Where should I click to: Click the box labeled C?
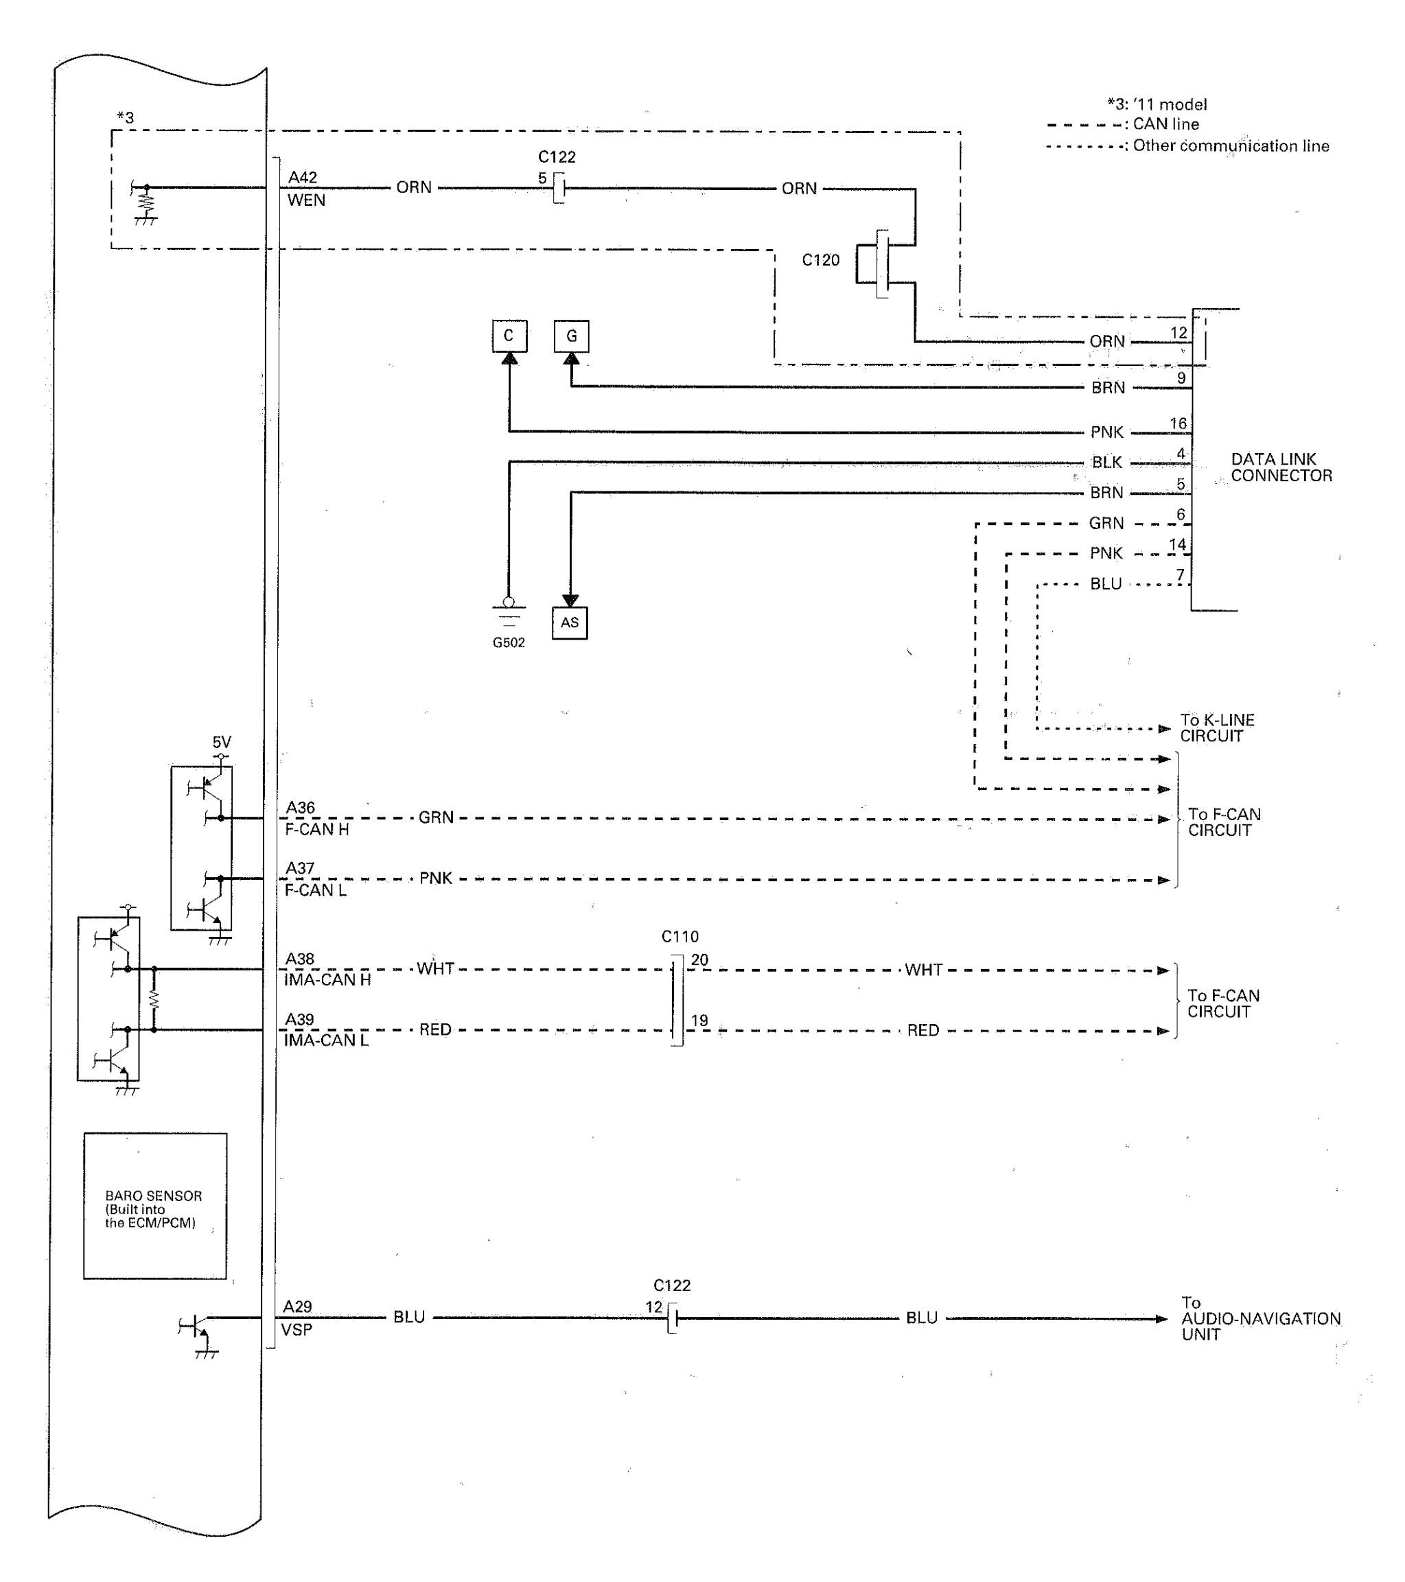pos(509,336)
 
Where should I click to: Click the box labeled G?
pos(571,336)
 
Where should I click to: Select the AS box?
pos(570,623)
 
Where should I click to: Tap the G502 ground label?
pos(509,642)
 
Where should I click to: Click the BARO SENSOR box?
pos(155,1206)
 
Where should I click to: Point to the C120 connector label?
pos(820,260)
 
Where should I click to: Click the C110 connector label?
pos(680,937)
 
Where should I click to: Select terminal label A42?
pos(303,177)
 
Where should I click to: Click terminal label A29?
pos(297,1307)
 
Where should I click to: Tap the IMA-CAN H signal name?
pos(327,980)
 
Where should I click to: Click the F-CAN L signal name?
pos(315,890)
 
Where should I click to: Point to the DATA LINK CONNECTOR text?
pos(1281,467)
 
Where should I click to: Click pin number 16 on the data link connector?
pos(1178,423)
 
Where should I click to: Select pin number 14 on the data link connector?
pos(1177,545)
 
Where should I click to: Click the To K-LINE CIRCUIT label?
pos(1216,728)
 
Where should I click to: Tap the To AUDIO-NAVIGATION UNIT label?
pos(1260,1319)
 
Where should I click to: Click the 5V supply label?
pos(222,742)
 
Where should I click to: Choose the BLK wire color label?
pos(1107,463)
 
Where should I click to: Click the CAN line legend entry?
pos(1165,124)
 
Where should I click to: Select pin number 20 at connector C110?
pos(699,959)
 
